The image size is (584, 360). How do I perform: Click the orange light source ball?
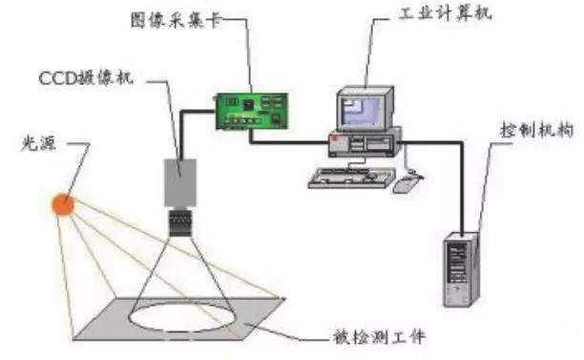[63, 203]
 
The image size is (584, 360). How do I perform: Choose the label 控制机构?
[537, 129]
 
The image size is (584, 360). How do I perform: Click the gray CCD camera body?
[181, 180]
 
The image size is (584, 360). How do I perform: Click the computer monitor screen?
[364, 109]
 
